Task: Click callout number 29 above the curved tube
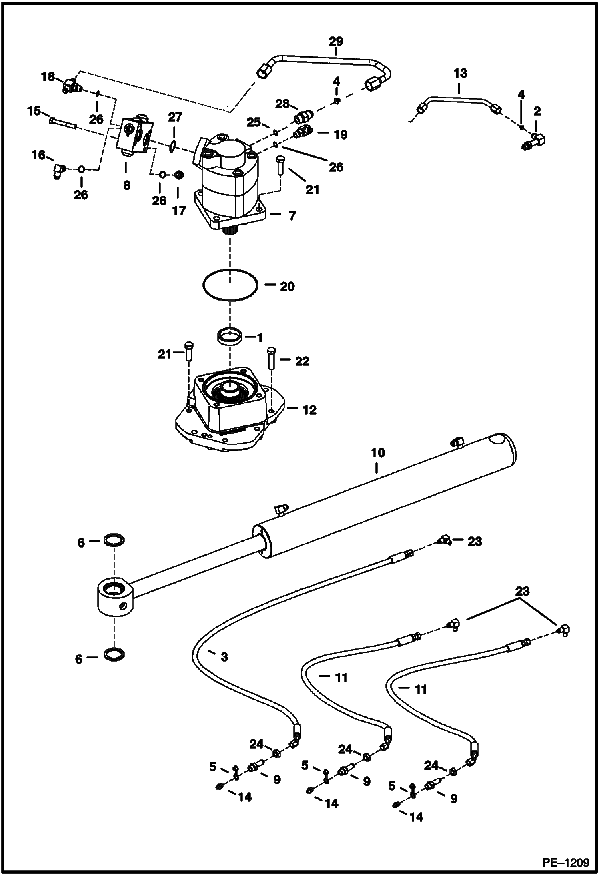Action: tap(336, 41)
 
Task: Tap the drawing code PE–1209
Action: tap(565, 862)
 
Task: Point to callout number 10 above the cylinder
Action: tap(378, 453)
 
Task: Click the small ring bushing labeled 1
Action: tap(230, 334)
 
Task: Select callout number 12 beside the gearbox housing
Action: tap(310, 410)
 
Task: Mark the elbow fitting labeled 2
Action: tap(534, 142)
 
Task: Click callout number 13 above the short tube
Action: tap(460, 73)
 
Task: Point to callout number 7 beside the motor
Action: tap(292, 216)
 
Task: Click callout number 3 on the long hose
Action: tap(224, 657)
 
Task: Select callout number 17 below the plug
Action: tap(179, 211)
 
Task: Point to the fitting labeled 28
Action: tap(304, 117)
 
